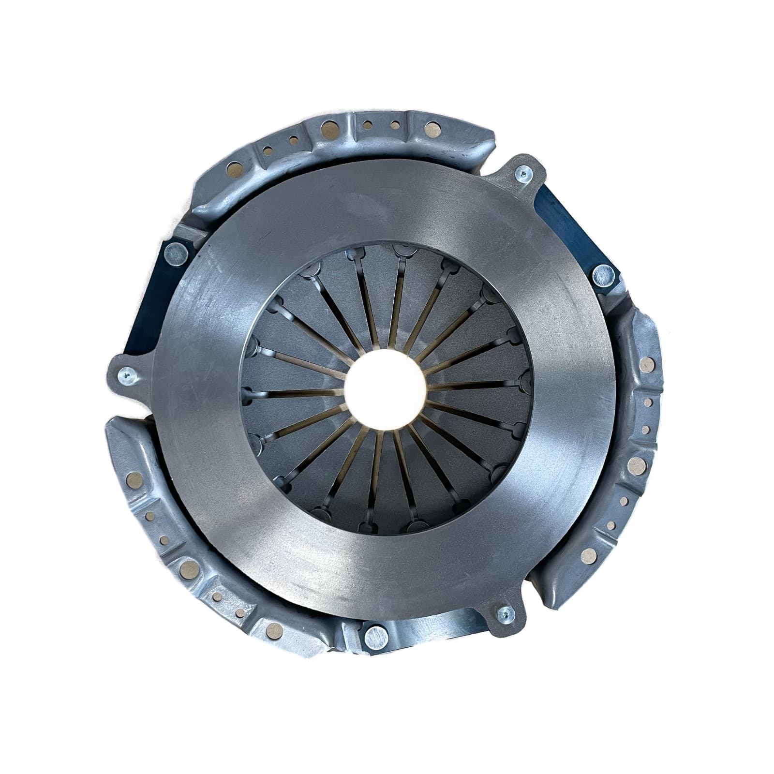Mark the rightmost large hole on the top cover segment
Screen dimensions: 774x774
pos(430,129)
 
